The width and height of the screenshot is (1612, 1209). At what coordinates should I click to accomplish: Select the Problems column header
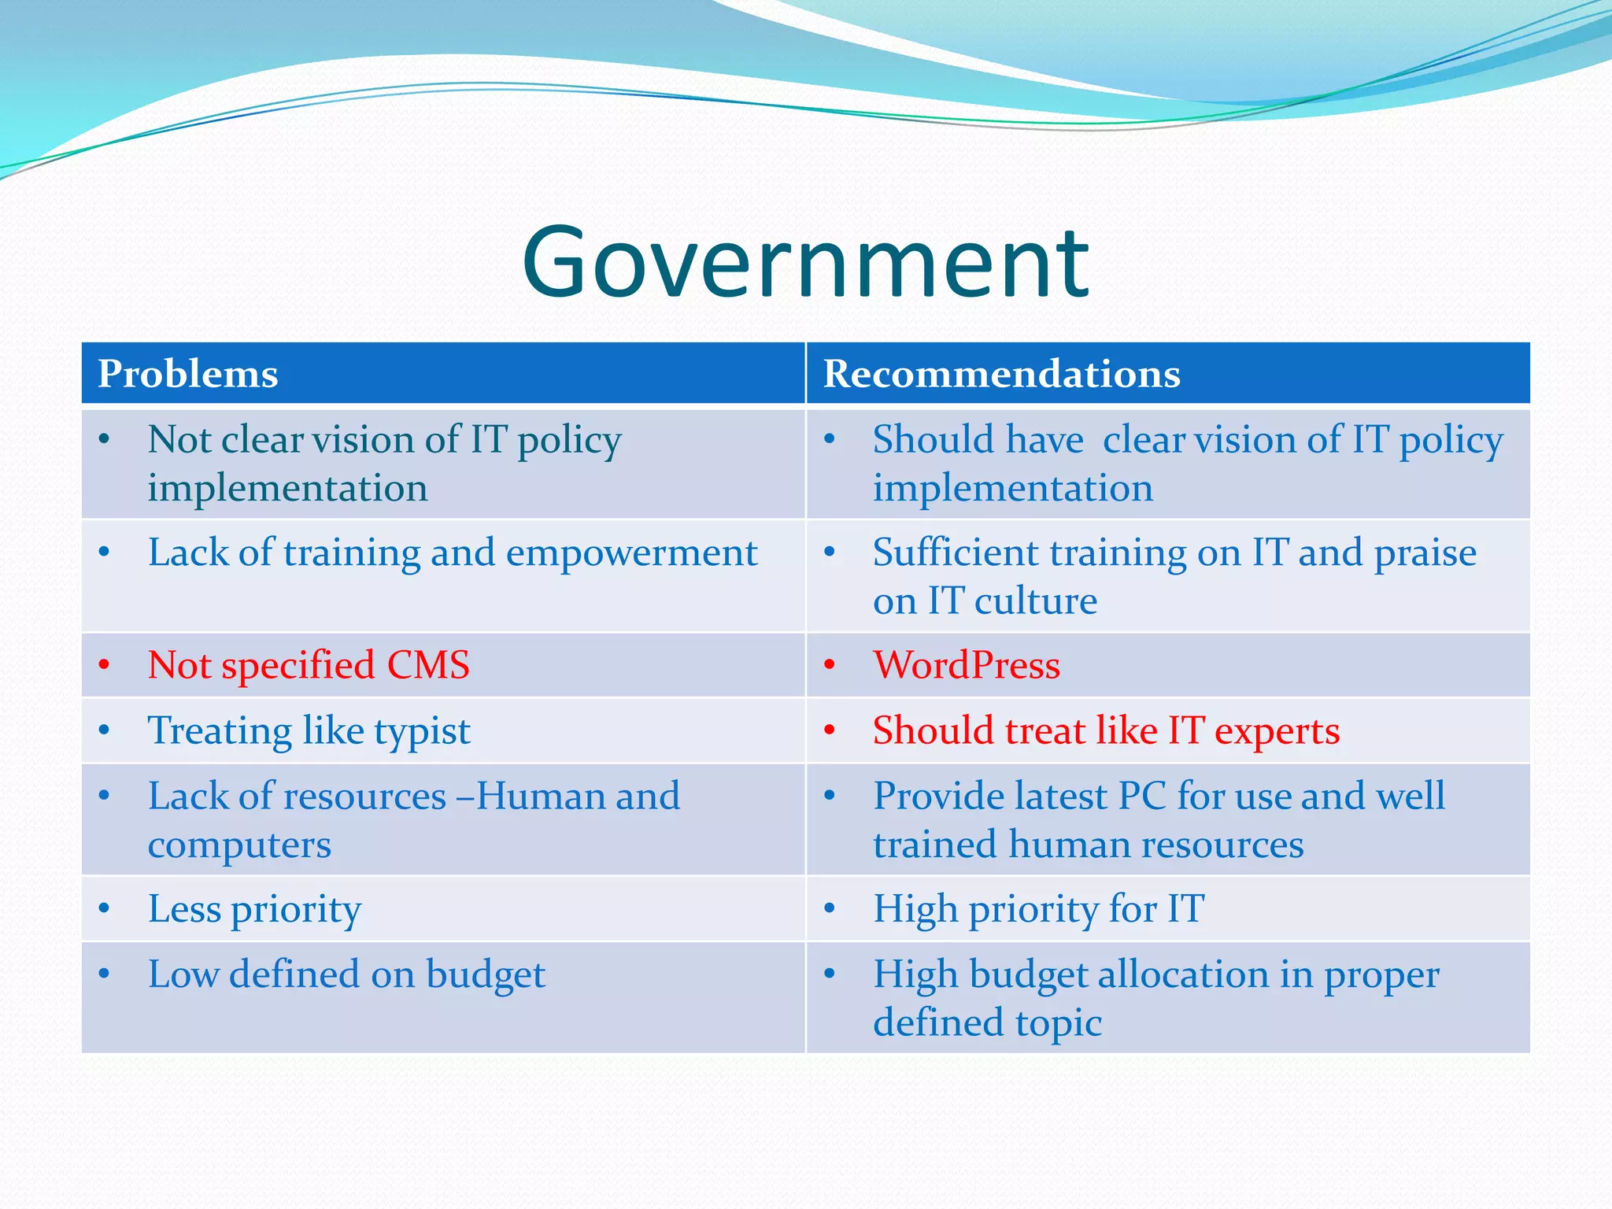pos(188,374)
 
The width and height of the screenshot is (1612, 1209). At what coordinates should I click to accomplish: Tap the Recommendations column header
pos(1001,374)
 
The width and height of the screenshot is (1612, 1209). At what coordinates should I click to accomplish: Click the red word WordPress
pos(967,666)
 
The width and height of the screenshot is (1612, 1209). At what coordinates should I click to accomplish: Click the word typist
pos(422,732)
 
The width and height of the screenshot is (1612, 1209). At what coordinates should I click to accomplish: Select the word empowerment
pos(631,553)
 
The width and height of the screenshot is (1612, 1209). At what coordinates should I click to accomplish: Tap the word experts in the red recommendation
pos(1277,732)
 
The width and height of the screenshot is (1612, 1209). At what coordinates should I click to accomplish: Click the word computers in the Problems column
pos(239,846)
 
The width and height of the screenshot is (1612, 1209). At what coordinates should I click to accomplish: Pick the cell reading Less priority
pos(254,910)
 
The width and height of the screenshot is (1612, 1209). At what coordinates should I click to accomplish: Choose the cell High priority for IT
pos(1039,910)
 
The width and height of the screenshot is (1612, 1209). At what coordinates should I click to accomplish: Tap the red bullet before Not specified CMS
pos(104,666)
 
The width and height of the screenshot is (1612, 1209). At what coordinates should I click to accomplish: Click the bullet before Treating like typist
pos(104,731)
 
